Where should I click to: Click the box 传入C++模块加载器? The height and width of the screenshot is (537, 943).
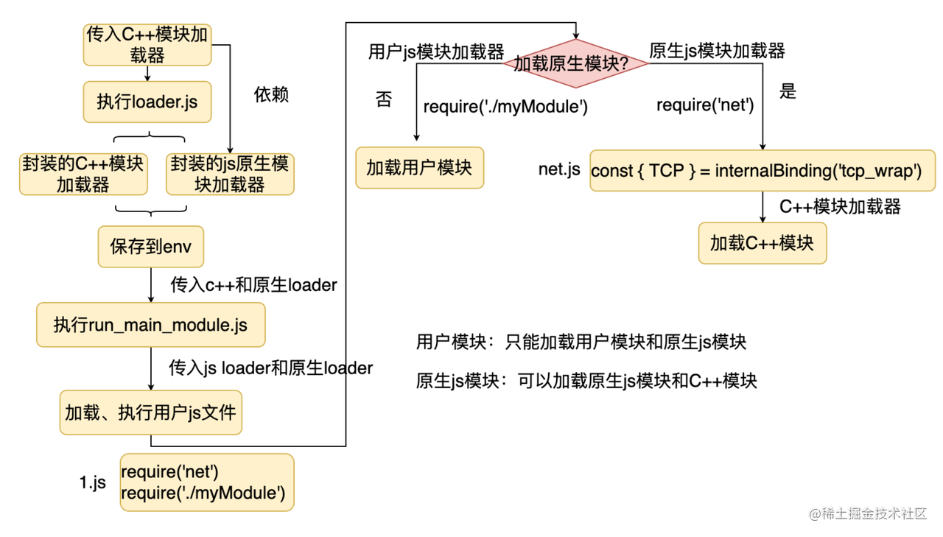click(147, 45)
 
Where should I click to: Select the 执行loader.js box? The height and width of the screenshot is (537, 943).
click(147, 102)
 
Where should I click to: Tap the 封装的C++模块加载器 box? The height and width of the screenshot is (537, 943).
click(83, 175)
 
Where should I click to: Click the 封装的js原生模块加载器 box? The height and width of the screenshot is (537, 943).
click(230, 175)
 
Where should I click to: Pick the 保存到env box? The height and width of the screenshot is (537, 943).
click(151, 246)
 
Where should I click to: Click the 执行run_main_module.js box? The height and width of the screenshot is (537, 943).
click(150, 325)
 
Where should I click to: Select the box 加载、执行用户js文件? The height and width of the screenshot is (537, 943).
click(150, 413)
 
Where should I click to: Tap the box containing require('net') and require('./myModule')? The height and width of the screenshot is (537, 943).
click(206, 482)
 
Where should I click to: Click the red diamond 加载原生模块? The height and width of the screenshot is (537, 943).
click(575, 63)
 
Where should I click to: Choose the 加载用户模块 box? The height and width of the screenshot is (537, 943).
click(419, 167)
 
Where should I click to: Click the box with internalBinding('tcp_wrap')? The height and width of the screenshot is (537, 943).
click(762, 171)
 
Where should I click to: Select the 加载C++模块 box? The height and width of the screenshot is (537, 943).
click(762, 243)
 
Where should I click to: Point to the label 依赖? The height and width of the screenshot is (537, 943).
click(271, 95)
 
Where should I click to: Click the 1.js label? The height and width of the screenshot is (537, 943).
click(93, 483)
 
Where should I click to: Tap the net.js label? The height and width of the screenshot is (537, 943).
click(559, 169)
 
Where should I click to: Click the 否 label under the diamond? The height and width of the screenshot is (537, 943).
click(383, 99)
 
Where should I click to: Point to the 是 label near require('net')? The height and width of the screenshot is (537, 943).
click(788, 91)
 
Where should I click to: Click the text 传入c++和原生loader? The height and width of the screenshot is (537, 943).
click(253, 285)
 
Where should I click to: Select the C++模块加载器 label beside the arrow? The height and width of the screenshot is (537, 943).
click(840, 207)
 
